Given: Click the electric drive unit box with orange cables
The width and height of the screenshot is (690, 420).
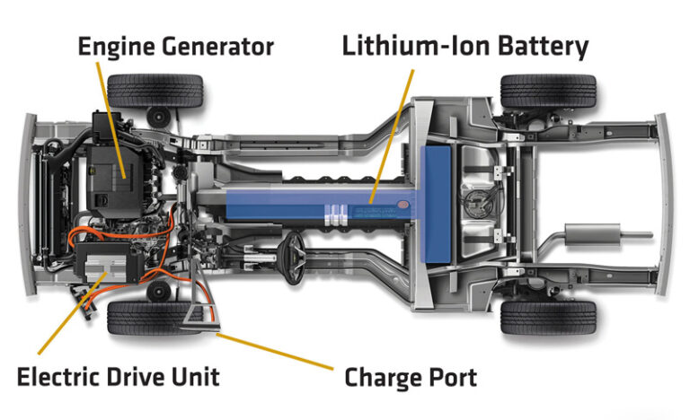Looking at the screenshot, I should [x=108, y=263].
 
